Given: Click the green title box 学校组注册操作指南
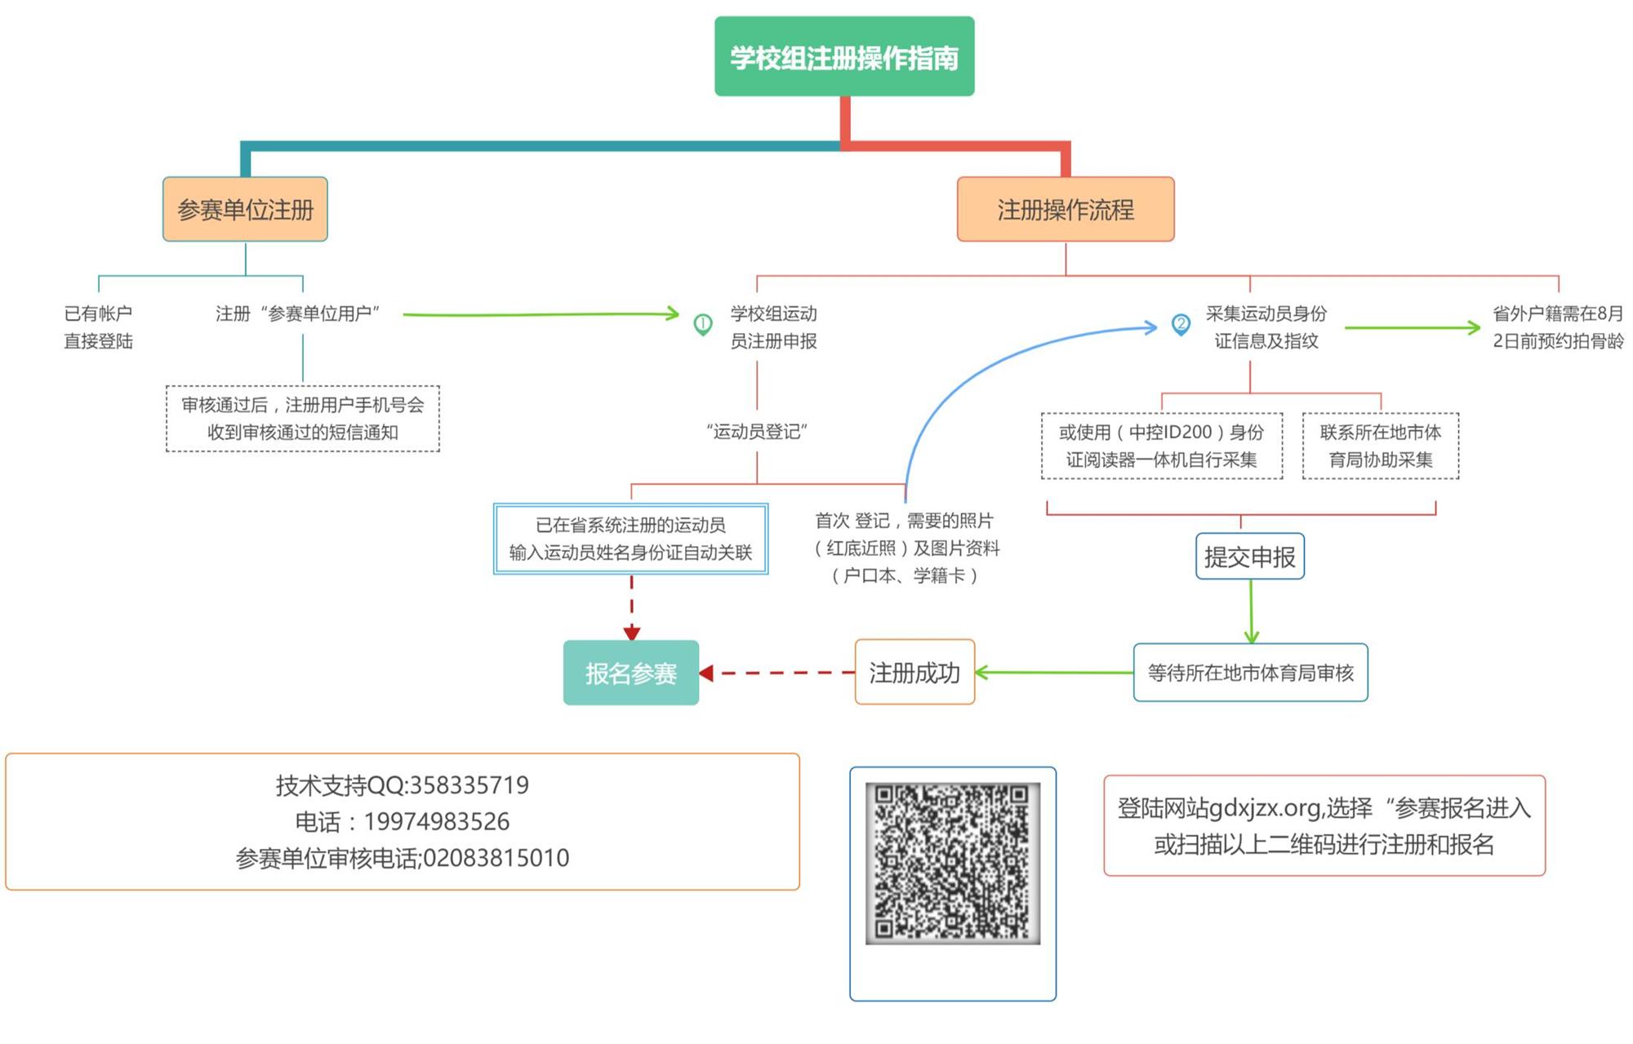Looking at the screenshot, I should (844, 56).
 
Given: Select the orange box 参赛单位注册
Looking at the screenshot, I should (245, 210).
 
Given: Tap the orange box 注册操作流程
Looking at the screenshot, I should (1066, 210).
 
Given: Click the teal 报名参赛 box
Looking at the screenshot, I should (630, 673).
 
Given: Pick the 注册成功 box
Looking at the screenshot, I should (914, 673).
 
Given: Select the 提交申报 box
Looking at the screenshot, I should (1249, 557).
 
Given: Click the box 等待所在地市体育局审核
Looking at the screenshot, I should (1250, 673).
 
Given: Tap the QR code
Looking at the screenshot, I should (952, 863).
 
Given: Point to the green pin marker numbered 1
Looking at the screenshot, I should (702, 324).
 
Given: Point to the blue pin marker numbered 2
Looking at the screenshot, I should (1181, 324).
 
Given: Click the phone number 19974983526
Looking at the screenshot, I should (436, 822).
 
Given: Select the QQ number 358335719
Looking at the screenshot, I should (469, 785).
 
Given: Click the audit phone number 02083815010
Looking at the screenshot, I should (496, 858).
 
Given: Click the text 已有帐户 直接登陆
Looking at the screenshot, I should (98, 327).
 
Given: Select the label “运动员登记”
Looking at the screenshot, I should (757, 432).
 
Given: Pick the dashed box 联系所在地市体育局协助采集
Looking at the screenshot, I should (1380, 446).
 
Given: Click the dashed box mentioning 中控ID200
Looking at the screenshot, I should (1161, 446).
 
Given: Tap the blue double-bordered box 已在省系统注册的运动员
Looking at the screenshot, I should (630, 539).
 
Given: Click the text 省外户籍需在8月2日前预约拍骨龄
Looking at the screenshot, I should (1558, 327).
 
